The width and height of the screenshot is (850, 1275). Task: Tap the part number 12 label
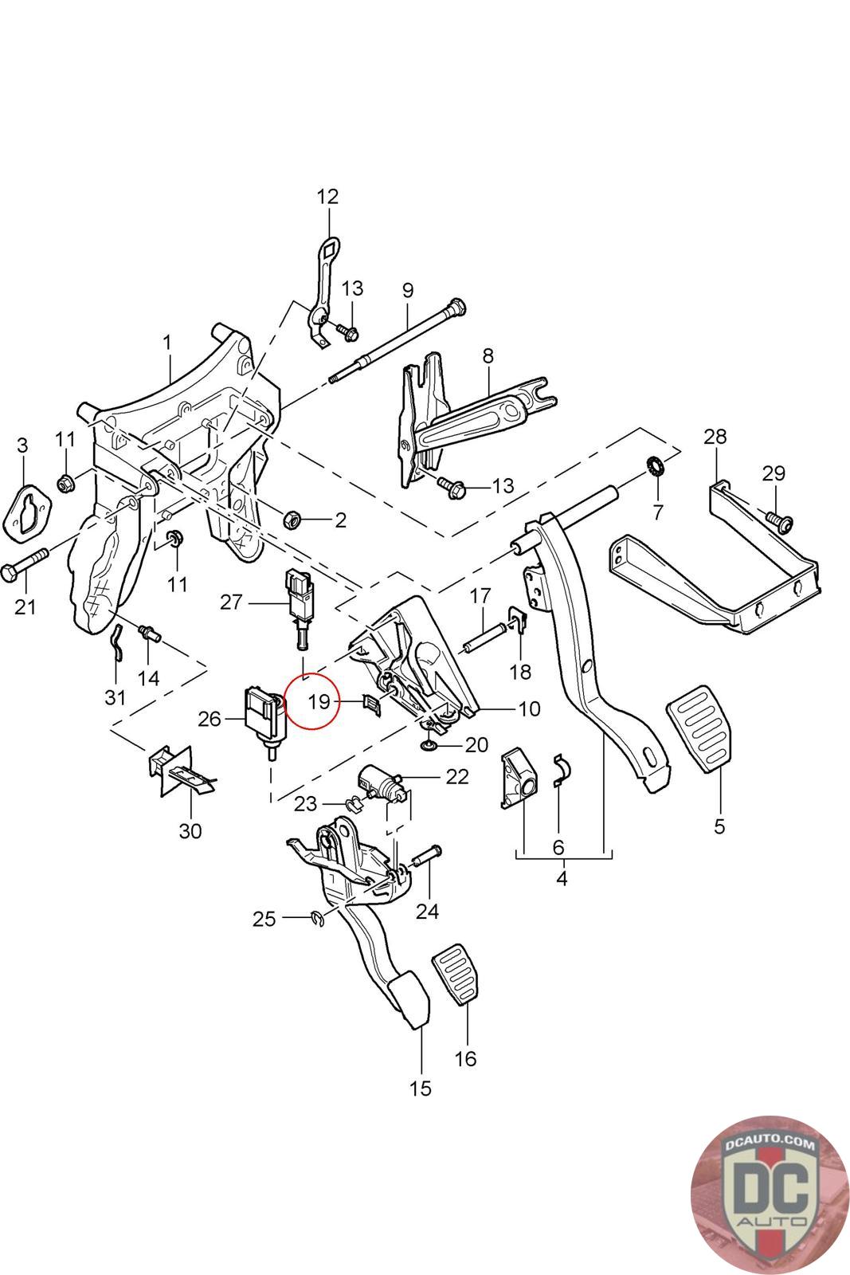[327, 196]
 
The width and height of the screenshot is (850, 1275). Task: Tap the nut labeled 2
[292, 520]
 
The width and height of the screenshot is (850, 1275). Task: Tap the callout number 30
[190, 831]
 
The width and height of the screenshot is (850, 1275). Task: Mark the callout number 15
[420, 1089]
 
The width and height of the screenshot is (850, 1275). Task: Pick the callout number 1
[167, 343]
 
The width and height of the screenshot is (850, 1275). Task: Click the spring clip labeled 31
[116, 642]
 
